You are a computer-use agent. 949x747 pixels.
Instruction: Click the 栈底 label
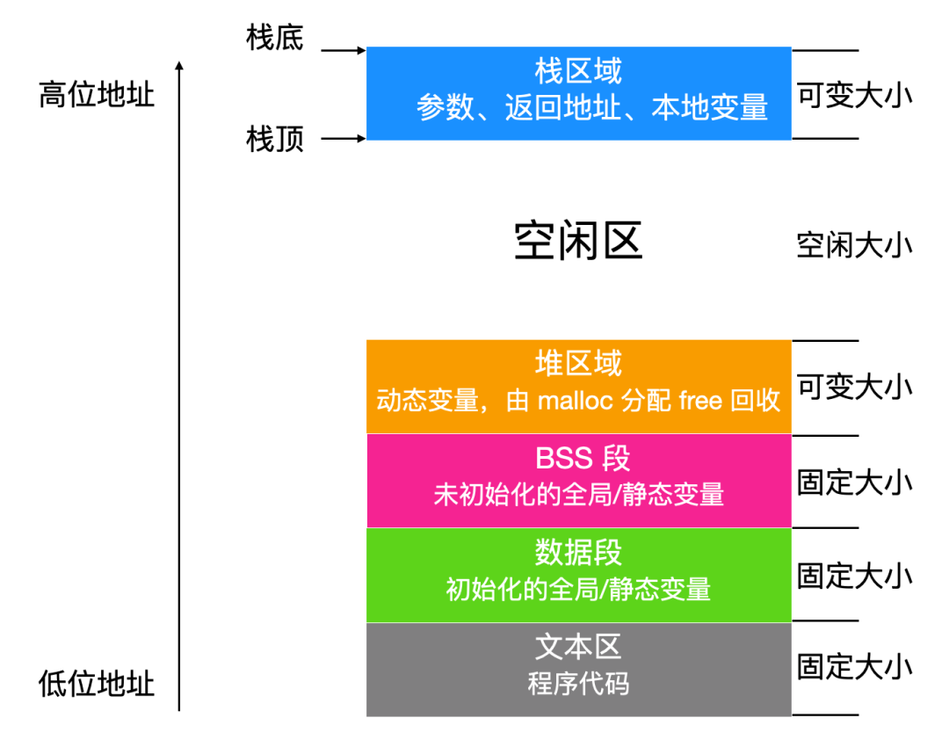[x=274, y=38]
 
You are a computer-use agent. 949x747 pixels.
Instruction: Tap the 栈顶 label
[x=274, y=139]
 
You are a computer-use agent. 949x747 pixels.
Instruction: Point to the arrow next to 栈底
[x=344, y=50]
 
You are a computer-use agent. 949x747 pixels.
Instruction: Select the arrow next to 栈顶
[x=344, y=139]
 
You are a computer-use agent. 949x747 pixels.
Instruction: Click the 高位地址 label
[x=97, y=94]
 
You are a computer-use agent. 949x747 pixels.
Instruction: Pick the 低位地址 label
[x=97, y=684]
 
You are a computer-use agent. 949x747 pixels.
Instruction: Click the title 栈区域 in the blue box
[x=578, y=71]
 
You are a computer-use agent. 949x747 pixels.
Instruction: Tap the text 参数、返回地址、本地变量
[x=592, y=108]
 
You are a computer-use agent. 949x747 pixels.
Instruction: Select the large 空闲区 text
[x=578, y=241]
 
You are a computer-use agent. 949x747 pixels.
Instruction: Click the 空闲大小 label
[x=854, y=245]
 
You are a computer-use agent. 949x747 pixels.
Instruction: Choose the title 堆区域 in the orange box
[x=578, y=363]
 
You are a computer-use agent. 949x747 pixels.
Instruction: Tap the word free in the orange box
[x=700, y=401]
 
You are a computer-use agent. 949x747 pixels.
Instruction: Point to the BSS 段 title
[x=583, y=458]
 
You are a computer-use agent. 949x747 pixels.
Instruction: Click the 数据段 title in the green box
[x=578, y=552]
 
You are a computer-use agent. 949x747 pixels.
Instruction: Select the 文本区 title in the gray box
[x=578, y=647]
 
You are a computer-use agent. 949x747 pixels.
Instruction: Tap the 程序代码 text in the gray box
[x=578, y=684]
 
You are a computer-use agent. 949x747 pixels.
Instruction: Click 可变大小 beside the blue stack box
[x=854, y=95]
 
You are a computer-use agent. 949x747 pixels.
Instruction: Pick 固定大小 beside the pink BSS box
[x=854, y=482]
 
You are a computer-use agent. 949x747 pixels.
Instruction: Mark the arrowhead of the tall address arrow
[x=179, y=63]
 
